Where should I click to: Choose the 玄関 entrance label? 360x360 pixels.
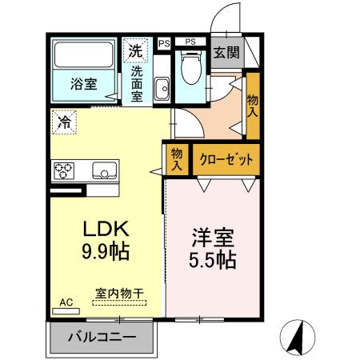tap(226, 54)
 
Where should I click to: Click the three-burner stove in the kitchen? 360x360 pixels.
tap(64, 170)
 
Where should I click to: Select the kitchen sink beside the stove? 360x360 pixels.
tap(105, 170)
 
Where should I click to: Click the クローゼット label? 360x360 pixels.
tap(226, 159)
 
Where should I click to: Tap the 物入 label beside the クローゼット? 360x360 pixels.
tap(177, 158)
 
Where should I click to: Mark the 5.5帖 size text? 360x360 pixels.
tap(213, 260)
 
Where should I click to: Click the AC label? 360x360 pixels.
tap(66, 302)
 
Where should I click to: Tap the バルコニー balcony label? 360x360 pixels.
tap(101, 337)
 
